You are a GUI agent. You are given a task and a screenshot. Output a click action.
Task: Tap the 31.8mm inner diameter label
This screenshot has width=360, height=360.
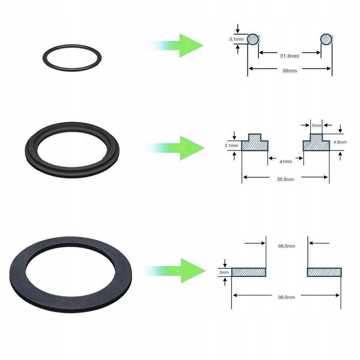(289, 55)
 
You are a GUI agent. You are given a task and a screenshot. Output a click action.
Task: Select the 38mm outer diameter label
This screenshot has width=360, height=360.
(289, 71)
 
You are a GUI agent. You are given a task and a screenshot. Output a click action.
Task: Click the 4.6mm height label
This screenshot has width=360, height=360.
(340, 142)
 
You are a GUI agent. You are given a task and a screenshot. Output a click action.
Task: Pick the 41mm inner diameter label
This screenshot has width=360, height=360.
(285, 161)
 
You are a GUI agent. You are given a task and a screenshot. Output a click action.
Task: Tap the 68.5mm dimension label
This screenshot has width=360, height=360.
(287, 246)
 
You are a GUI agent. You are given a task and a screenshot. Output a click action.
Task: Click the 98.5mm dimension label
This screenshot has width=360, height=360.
(287, 297)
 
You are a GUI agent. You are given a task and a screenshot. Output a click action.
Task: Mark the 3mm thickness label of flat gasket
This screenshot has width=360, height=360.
(224, 273)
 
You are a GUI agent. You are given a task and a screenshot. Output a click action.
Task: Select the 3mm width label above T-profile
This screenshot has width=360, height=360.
(316, 125)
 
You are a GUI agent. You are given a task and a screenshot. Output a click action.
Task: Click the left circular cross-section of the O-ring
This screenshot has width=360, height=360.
(253, 39)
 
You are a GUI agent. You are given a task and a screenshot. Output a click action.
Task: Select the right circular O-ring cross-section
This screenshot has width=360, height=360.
(327, 39)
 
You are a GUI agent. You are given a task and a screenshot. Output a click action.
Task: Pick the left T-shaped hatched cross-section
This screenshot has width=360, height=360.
(255, 143)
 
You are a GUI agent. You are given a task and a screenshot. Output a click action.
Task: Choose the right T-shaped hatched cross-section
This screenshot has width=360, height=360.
(316, 143)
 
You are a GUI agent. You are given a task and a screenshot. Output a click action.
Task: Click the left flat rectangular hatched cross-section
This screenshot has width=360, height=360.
(248, 272)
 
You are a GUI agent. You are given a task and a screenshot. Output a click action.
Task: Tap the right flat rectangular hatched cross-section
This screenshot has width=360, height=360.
(324, 272)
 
